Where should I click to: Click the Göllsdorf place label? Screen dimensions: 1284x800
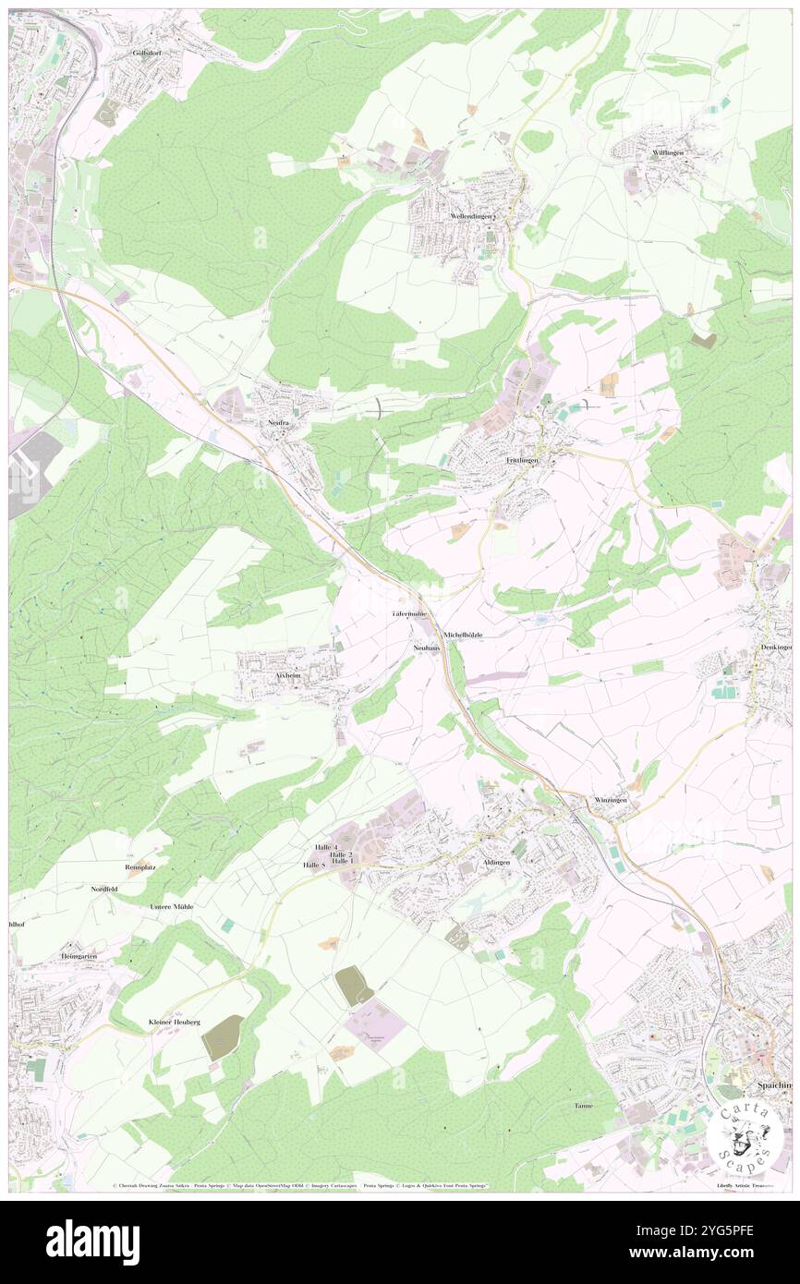click(x=146, y=53)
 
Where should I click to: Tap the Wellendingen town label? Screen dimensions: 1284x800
click(x=472, y=215)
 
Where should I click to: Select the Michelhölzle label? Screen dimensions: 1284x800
click(x=463, y=635)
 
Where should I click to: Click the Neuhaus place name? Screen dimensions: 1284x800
click(x=426, y=648)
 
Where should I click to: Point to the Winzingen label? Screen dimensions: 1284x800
click(x=611, y=799)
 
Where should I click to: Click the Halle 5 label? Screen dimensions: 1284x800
click(x=315, y=865)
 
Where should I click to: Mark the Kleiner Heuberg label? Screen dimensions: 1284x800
click(x=174, y=1022)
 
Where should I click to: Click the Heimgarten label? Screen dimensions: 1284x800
click(x=79, y=955)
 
